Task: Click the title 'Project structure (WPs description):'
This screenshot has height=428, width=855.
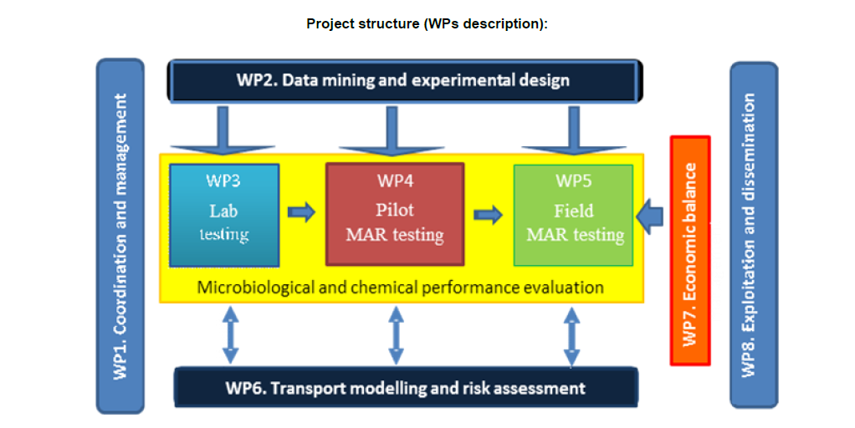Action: pyautogui.click(x=427, y=23)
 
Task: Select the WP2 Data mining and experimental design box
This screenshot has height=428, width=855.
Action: pyautogui.click(x=405, y=80)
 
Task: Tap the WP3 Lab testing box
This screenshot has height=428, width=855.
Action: pyautogui.click(x=223, y=215)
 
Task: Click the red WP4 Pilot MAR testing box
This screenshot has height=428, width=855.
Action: pyautogui.click(x=394, y=215)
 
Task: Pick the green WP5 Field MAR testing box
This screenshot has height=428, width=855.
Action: pyautogui.click(x=574, y=215)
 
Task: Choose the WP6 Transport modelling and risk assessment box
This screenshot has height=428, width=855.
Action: pyautogui.click(x=405, y=388)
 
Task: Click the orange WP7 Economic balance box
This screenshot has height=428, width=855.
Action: pyautogui.click(x=690, y=251)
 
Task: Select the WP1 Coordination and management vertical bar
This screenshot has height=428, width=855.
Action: pyautogui.click(x=120, y=236)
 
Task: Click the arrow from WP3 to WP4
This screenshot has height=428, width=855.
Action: pyautogui.click(x=301, y=212)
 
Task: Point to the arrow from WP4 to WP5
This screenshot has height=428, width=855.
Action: pyautogui.click(x=488, y=215)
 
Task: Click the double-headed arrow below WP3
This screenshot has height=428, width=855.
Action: pyautogui.click(x=230, y=335)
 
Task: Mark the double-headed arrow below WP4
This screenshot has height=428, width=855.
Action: pyautogui.click(x=397, y=335)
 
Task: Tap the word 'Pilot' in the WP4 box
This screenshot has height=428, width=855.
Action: pyautogui.click(x=394, y=210)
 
